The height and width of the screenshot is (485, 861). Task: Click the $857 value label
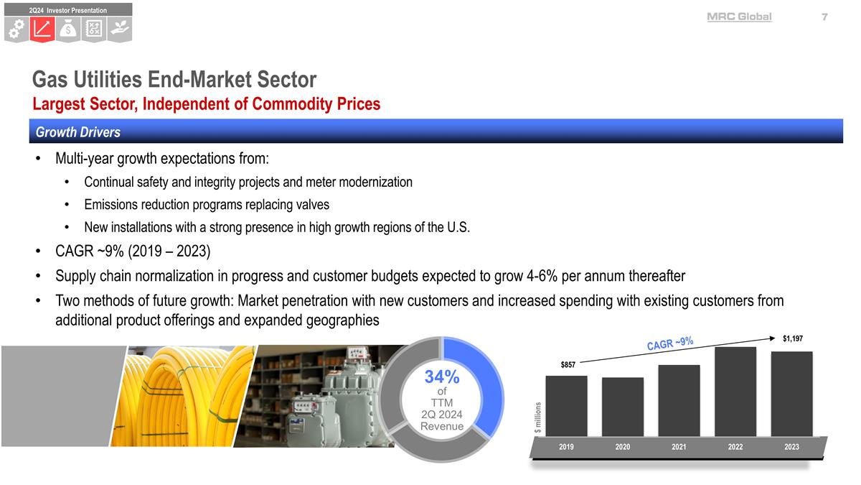point(568,365)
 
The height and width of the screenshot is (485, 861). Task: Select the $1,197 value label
point(792,338)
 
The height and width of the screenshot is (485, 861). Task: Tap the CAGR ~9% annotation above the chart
point(669,343)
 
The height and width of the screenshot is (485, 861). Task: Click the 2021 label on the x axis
point(679,447)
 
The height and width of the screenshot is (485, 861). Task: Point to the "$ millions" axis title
point(537,417)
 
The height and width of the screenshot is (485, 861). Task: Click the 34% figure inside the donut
point(441,377)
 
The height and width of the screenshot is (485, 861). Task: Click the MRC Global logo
point(739,17)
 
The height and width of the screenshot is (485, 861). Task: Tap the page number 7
point(825,17)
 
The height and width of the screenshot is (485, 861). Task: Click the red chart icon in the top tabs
point(42,29)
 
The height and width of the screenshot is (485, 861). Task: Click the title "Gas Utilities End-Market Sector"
point(174,78)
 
